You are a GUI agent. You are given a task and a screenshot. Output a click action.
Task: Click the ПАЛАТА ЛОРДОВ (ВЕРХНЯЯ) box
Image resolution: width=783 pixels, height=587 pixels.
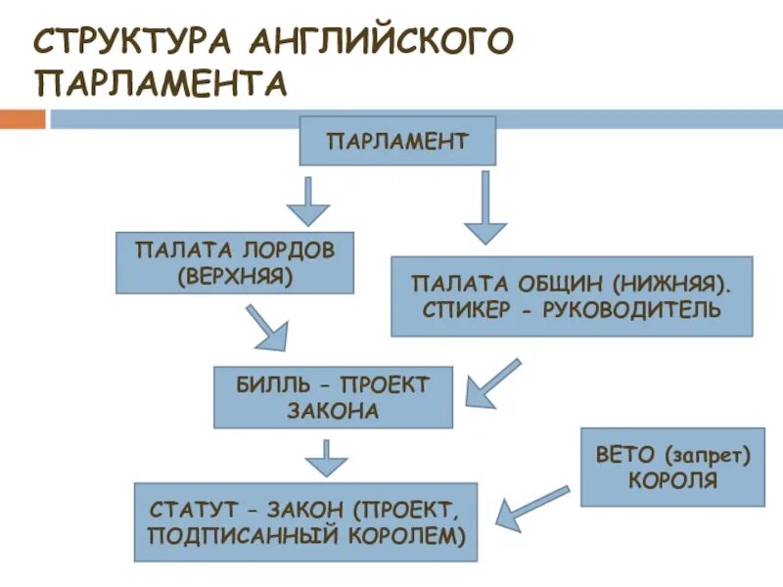pyautogui.click(x=235, y=262)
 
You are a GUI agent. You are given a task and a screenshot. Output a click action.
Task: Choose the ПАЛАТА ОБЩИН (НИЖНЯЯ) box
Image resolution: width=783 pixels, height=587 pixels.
pyautogui.click(x=572, y=296)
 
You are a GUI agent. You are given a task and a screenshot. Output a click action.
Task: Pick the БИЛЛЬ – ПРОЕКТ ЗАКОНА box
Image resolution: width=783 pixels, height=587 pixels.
pyautogui.click(x=333, y=397)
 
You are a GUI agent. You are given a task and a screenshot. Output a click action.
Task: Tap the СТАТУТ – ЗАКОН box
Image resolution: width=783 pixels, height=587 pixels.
pyautogui.click(x=305, y=521)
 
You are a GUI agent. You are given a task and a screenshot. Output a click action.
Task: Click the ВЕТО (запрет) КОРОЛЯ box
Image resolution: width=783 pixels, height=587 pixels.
pyautogui.click(x=671, y=467)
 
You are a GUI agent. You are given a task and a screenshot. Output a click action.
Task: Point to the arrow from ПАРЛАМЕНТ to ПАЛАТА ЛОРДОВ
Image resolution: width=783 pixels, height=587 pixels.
pyautogui.click(x=308, y=203)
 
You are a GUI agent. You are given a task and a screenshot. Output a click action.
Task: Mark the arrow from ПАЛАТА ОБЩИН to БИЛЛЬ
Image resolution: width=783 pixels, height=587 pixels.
pyautogui.click(x=493, y=384)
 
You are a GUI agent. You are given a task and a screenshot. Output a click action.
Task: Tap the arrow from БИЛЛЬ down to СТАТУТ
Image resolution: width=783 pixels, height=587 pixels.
pyautogui.click(x=326, y=456)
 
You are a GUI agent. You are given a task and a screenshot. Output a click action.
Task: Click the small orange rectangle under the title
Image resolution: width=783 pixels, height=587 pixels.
pyautogui.click(x=22, y=119)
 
